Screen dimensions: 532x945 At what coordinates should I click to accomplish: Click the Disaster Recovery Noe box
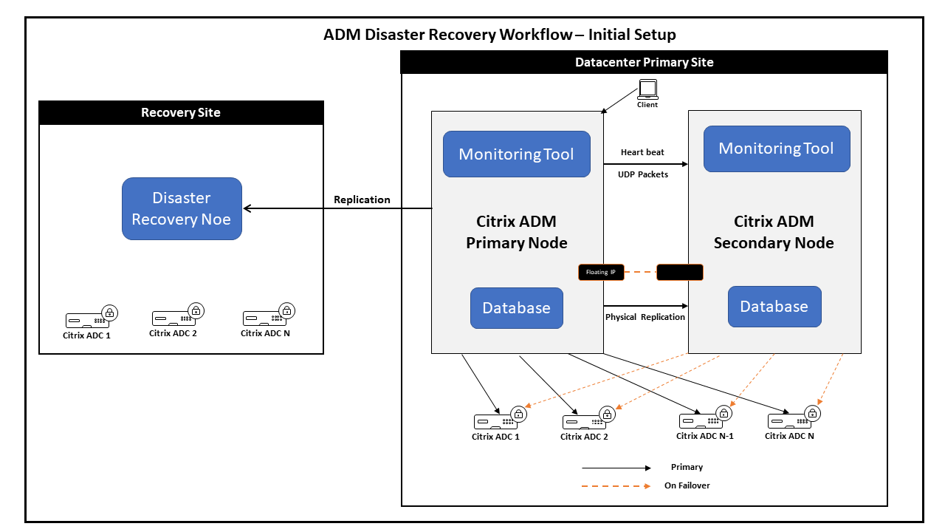(x=182, y=208)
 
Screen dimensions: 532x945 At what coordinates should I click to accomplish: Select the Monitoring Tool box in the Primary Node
(x=516, y=154)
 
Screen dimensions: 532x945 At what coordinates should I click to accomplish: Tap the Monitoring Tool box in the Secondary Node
(x=776, y=149)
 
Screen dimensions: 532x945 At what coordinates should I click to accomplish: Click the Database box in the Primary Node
(x=516, y=308)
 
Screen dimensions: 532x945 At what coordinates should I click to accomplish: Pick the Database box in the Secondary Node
(x=774, y=307)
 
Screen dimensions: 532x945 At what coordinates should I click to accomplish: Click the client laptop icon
(x=647, y=90)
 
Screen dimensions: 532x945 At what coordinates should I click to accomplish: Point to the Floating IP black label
(x=601, y=272)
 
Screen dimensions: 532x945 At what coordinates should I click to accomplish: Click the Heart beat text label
(x=642, y=152)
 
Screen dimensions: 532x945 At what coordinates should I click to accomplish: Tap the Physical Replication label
(x=645, y=317)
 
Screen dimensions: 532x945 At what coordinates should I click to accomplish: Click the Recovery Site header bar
(x=181, y=112)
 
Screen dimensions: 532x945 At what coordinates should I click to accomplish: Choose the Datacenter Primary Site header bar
(x=644, y=62)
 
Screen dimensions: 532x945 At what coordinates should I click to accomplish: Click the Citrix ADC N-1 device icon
(x=701, y=420)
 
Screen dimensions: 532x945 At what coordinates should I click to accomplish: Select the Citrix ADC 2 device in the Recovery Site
(x=173, y=318)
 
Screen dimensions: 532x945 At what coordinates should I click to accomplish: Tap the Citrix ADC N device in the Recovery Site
(x=265, y=318)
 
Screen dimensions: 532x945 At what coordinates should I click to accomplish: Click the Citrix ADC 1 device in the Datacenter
(x=495, y=422)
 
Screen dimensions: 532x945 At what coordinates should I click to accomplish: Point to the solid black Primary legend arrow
(x=616, y=468)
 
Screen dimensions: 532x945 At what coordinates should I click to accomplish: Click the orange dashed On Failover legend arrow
(x=616, y=486)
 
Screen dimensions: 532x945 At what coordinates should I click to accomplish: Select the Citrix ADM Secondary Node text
(x=774, y=232)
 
